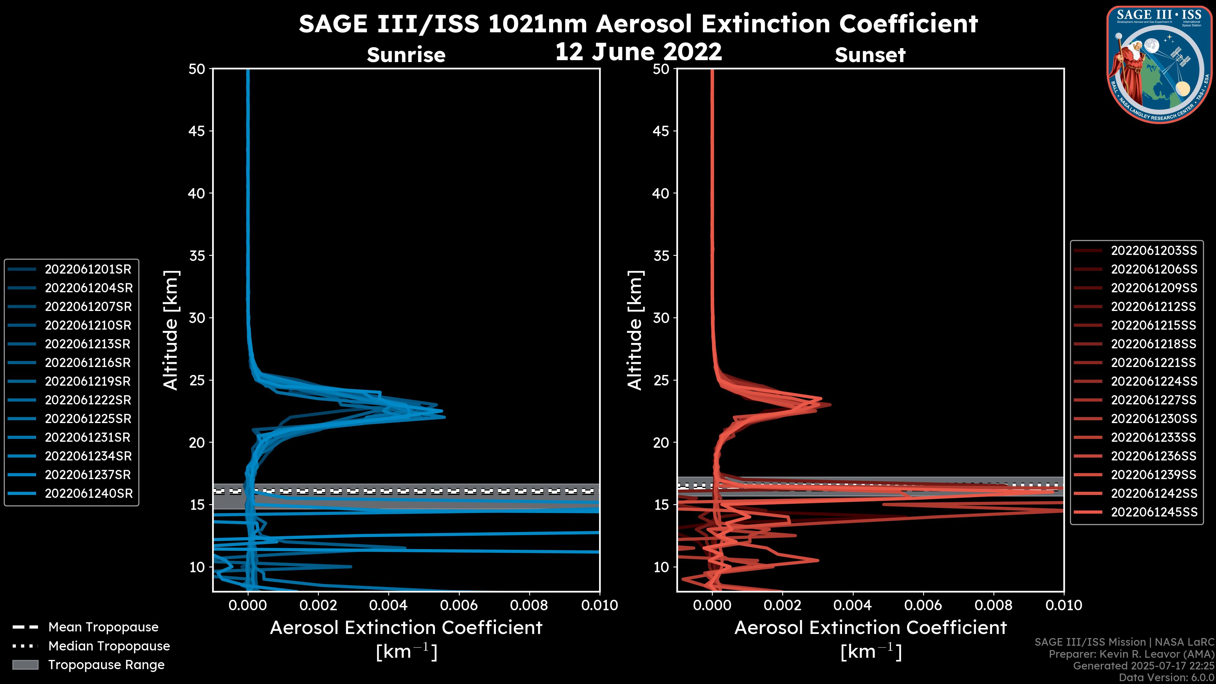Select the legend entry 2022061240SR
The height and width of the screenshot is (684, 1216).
click(x=89, y=493)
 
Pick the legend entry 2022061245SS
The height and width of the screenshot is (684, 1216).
click(x=1154, y=512)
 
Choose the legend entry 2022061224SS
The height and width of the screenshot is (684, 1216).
click(x=1154, y=381)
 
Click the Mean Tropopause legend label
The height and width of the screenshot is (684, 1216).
click(x=103, y=627)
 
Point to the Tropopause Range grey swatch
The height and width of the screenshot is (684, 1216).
click(x=25, y=665)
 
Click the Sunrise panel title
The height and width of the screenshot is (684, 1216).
click(x=406, y=55)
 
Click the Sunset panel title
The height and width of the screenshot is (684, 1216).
click(x=870, y=55)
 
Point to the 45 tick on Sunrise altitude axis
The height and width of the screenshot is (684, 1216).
click(x=197, y=131)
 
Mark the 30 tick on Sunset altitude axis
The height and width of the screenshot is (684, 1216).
click(x=661, y=318)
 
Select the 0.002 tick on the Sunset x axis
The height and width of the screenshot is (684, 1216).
click(x=783, y=605)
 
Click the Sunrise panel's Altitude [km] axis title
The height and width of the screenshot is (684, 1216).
click(x=171, y=330)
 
